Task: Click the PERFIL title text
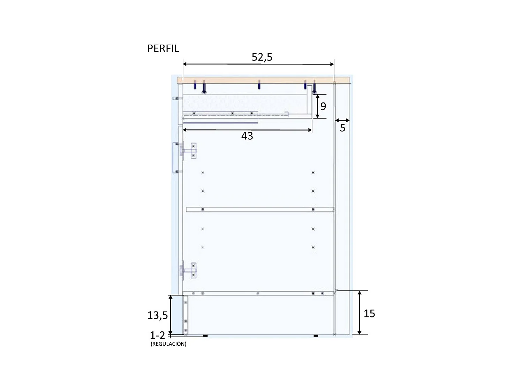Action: [163, 48]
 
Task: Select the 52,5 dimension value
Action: [262, 57]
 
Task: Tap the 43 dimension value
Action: [247, 136]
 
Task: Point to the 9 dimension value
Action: [323, 106]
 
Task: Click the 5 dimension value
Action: [342, 128]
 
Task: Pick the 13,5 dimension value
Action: [158, 315]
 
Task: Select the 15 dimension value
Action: [369, 314]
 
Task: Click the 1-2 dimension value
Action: [157, 335]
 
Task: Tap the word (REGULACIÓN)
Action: [168, 344]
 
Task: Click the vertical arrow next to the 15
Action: [359, 313]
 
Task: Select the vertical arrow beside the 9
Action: [317, 106]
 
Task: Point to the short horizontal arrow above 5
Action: [342, 121]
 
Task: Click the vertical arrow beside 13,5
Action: [170, 315]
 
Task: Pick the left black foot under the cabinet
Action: [205, 336]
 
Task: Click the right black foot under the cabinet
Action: [316, 336]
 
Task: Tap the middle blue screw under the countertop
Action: [259, 85]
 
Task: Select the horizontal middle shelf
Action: [260, 209]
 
